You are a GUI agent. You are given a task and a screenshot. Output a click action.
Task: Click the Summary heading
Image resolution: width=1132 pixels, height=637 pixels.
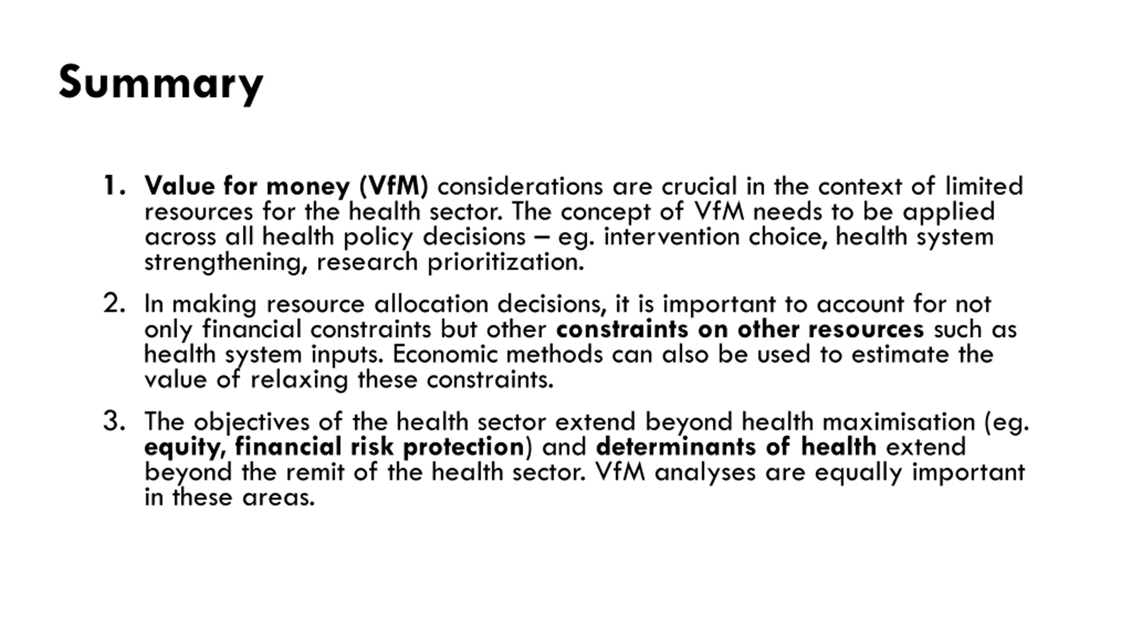point(161,83)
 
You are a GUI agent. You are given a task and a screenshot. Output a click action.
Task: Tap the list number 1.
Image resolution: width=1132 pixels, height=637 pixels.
point(113,186)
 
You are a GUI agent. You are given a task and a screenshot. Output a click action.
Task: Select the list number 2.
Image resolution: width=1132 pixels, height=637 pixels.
point(114,304)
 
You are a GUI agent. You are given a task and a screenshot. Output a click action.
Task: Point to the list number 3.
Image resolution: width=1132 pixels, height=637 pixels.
point(114,421)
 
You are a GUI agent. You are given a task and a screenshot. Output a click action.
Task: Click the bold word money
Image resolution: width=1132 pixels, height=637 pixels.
point(308,186)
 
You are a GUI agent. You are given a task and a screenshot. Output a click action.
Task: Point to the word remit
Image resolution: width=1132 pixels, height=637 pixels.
point(314,472)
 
